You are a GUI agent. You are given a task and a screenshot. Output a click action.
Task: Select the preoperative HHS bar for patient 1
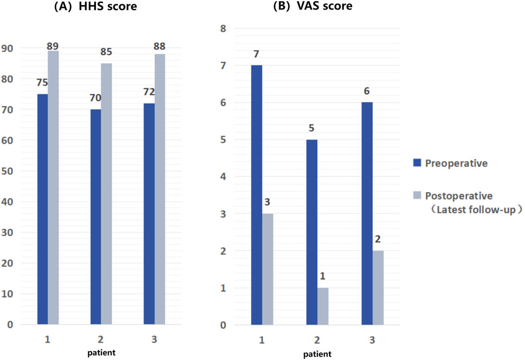42,209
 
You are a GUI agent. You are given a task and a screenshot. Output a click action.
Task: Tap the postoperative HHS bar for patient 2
107,193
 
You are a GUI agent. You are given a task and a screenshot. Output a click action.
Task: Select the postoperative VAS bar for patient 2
323,306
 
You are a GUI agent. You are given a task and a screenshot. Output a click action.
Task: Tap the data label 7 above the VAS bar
257,54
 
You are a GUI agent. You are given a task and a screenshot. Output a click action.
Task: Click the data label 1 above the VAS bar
323,277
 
